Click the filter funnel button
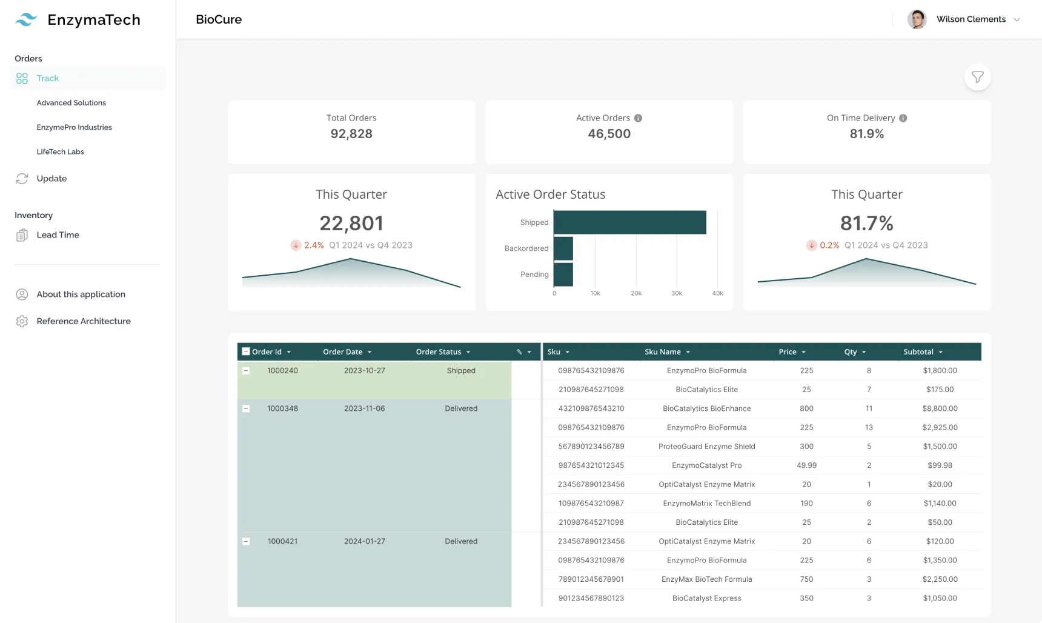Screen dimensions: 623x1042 977,77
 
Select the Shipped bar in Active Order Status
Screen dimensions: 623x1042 629,222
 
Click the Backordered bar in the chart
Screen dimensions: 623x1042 563,248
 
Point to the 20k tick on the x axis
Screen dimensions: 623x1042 635,293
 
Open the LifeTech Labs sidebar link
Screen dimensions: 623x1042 60,152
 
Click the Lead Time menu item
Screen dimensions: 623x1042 58,235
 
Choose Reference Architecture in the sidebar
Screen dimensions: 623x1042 83,321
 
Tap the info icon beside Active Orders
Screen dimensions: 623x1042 638,118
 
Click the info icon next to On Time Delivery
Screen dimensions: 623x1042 903,118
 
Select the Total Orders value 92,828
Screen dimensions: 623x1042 351,134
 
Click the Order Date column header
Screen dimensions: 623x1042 343,352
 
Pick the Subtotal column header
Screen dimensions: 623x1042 918,352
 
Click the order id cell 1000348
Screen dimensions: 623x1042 282,408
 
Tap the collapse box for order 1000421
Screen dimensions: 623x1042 246,541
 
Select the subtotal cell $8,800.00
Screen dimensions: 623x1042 940,408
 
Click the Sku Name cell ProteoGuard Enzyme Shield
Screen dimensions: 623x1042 706,447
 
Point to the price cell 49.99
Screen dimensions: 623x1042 806,465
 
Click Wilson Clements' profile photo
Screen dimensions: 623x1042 917,19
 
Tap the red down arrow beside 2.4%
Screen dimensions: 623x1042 296,245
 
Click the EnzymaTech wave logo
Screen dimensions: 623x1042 26,20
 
